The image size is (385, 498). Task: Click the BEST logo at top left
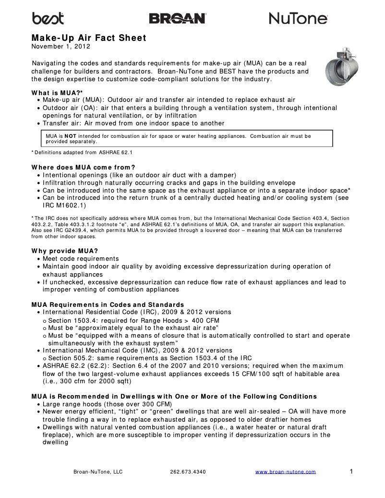tap(48, 18)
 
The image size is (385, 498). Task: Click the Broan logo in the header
tap(177, 18)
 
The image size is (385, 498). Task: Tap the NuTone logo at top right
tap(298, 18)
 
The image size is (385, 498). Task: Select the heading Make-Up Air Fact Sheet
tap(89, 38)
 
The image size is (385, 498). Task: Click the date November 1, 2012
tap(61, 47)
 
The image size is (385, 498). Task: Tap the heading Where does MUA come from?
tap(83, 167)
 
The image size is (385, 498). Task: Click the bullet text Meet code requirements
tap(80, 259)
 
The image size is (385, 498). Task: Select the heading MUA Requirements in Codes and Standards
tap(108, 304)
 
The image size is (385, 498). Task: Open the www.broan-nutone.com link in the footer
tap(285, 472)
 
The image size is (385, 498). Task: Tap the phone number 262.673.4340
tap(188, 472)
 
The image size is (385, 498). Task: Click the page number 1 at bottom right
tap(351, 471)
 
